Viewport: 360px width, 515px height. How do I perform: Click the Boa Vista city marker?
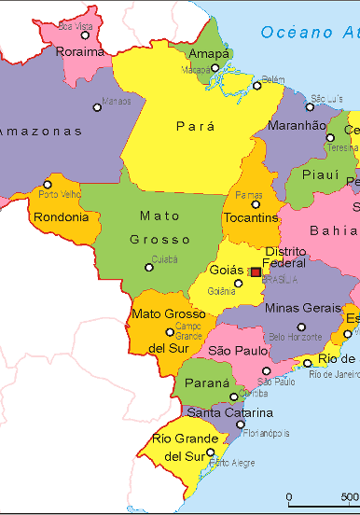(85, 35)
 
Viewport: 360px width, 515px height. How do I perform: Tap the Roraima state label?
(80, 52)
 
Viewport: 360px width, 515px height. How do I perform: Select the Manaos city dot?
(97, 107)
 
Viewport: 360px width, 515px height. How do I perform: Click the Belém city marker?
(257, 86)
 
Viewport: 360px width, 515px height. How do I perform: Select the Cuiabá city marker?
(148, 268)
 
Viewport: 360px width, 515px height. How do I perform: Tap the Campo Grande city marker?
(170, 331)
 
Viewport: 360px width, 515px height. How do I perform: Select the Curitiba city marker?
(234, 397)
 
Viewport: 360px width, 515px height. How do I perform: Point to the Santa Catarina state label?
(229, 412)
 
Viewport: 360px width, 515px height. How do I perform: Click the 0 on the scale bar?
(288, 496)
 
